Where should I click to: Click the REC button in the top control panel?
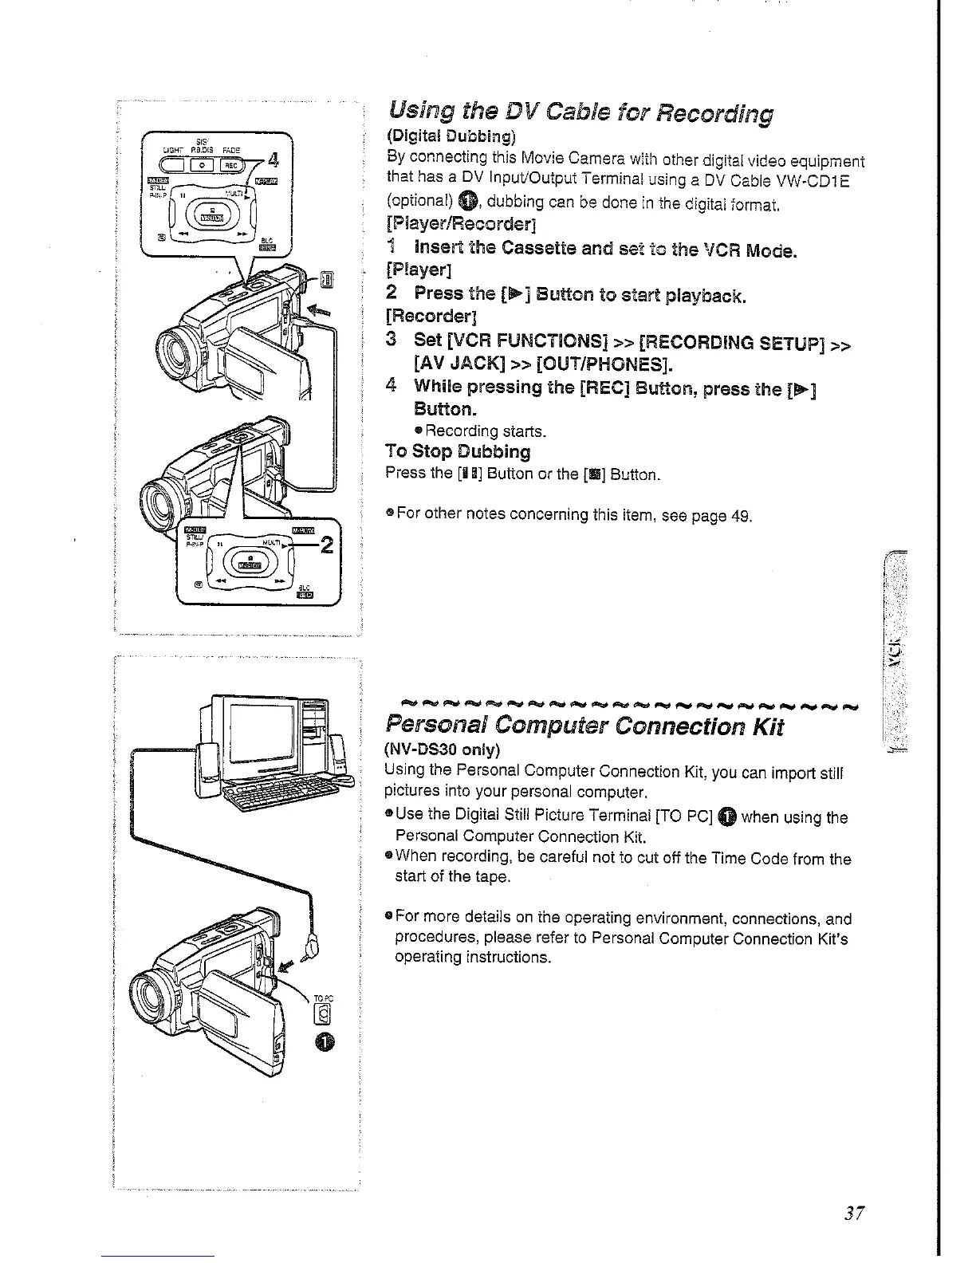click(230, 165)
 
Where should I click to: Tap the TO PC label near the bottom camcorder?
click(321, 997)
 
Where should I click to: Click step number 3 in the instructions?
click(391, 340)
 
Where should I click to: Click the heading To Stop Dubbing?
click(458, 451)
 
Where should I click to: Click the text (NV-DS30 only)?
click(443, 750)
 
